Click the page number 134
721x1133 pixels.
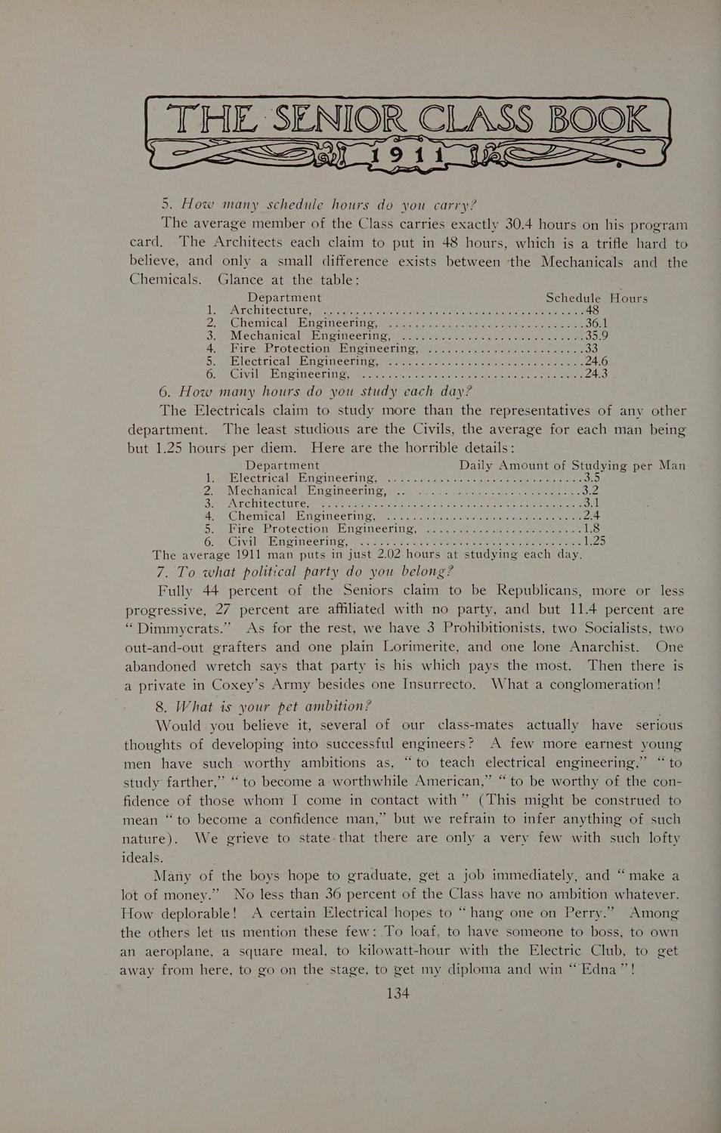398,993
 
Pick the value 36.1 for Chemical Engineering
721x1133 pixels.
597,323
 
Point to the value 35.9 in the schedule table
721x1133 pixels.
597,336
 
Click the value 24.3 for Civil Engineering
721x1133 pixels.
597,373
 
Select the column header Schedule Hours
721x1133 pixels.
596,298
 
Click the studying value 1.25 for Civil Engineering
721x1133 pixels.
594,540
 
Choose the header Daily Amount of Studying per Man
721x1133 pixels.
572,465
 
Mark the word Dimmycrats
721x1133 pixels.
178,628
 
